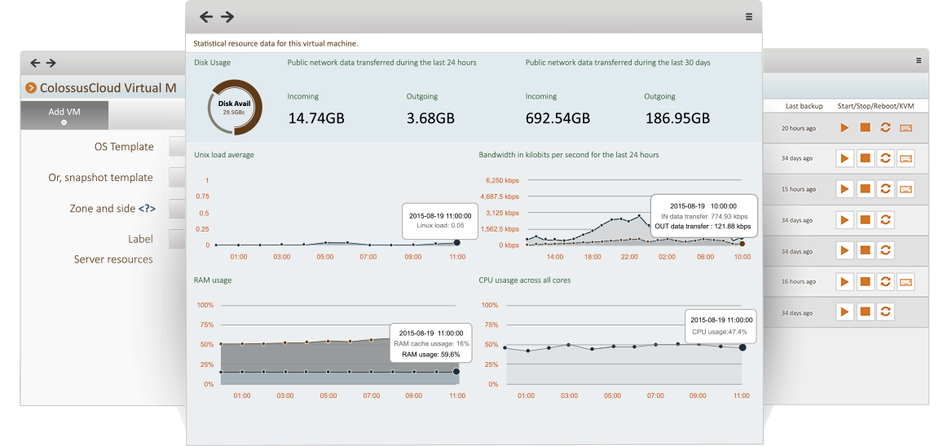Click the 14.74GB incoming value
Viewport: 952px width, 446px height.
[316, 118]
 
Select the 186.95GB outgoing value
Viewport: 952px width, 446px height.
[677, 118]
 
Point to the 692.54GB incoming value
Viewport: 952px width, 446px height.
[558, 118]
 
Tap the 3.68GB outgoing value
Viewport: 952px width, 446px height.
[430, 118]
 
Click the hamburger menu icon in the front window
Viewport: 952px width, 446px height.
[748, 16]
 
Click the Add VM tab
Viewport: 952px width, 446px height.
[64, 113]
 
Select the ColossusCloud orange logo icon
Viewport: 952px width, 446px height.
[31, 88]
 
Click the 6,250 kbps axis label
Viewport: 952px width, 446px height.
[501, 180]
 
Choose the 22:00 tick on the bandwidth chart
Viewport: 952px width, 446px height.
[629, 256]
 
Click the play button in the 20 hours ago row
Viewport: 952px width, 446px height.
[844, 128]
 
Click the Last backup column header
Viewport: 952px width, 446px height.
[804, 106]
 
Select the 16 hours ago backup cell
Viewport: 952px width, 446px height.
[798, 281]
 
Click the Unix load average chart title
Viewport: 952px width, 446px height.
[224, 154]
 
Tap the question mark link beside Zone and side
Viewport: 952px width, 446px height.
[147, 209]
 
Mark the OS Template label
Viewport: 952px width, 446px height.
[124, 147]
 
